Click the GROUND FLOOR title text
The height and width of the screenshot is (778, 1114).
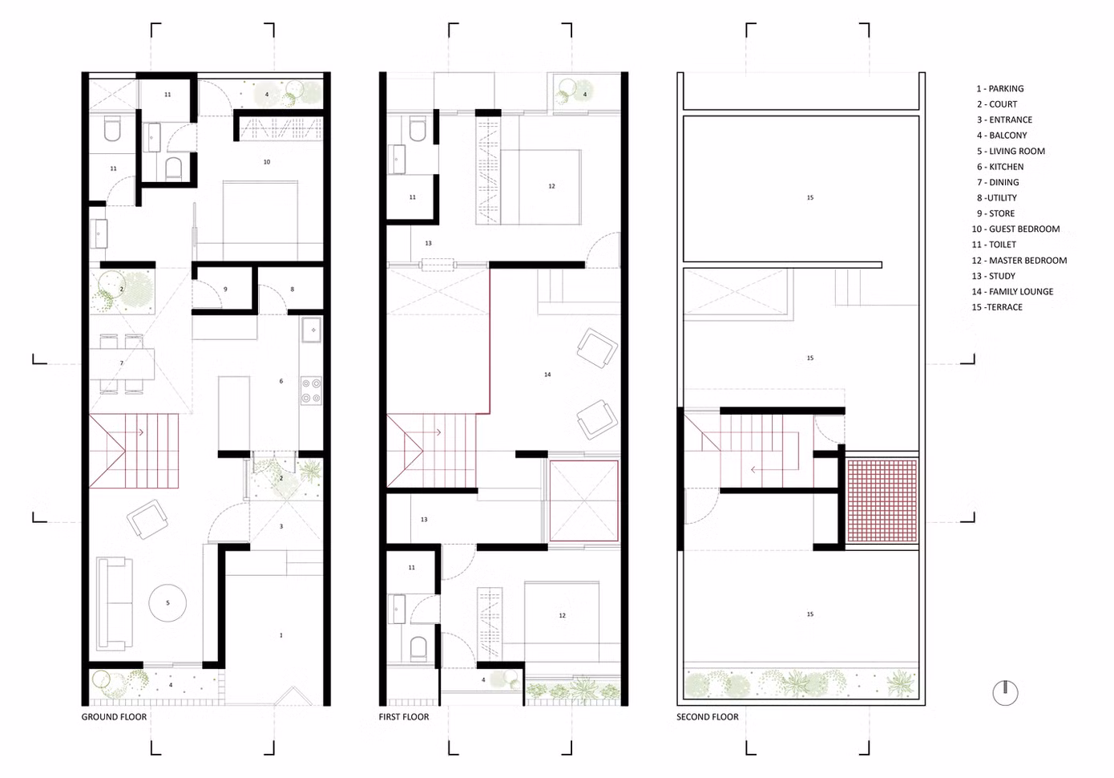[x=114, y=717]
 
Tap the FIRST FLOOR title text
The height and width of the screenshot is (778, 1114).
[x=404, y=717]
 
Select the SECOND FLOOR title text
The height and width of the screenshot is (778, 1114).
[x=707, y=717]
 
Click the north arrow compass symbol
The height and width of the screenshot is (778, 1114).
[x=1005, y=693]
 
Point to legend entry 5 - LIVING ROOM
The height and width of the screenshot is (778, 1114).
[x=1011, y=151]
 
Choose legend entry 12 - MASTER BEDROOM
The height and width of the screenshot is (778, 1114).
[x=1019, y=261]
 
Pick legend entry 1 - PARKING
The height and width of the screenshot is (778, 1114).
[x=1000, y=88]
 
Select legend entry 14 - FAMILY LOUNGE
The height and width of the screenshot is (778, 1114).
[x=1012, y=292]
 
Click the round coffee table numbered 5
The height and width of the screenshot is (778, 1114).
[x=168, y=603]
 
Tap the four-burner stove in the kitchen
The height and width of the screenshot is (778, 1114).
[x=311, y=391]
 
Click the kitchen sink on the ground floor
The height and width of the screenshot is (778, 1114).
[x=312, y=330]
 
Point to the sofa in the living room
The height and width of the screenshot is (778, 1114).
[x=115, y=604]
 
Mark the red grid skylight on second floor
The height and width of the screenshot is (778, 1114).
[x=882, y=500]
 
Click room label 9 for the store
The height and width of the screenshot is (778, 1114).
[x=225, y=290]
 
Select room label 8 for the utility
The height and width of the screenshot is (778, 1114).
[x=292, y=290]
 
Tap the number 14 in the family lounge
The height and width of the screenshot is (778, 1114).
[x=547, y=375]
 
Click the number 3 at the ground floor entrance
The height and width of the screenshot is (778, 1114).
[x=281, y=526]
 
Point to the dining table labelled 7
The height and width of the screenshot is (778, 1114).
[x=122, y=364]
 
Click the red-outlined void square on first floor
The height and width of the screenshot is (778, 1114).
[x=584, y=500]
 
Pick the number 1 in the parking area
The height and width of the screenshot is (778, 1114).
[x=281, y=635]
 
